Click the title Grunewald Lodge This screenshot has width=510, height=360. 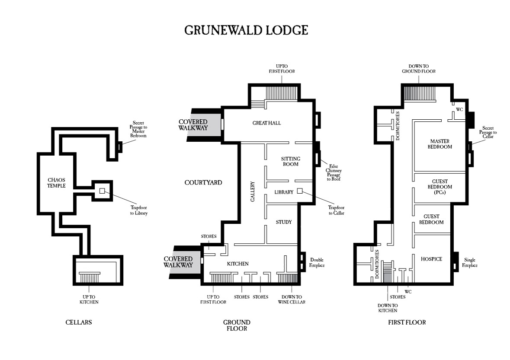click(246, 30)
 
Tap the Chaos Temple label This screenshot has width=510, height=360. click(56, 183)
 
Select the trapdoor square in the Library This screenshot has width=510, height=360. click(300, 191)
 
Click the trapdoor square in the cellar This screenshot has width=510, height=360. click(102, 191)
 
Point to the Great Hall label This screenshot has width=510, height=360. click(267, 123)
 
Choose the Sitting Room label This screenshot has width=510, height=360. click(290, 162)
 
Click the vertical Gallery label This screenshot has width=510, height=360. click(253, 191)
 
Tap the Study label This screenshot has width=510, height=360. click(284, 222)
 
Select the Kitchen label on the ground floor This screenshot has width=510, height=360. click(238, 264)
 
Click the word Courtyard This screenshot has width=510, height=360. click(203, 182)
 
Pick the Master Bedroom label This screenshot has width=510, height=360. click(440, 144)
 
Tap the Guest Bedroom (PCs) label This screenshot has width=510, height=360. click(440, 187)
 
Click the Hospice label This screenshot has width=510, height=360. click(431, 259)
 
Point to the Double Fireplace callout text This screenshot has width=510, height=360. click(317, 262)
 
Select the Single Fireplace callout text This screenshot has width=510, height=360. click(470, 262)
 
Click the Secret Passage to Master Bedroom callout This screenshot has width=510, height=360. click(138, 129)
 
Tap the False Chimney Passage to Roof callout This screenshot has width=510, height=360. click(334, 172)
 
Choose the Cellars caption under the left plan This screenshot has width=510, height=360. click(79, 322)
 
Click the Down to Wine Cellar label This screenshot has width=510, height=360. click(292, 299)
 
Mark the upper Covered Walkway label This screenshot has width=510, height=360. click(193, 125)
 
